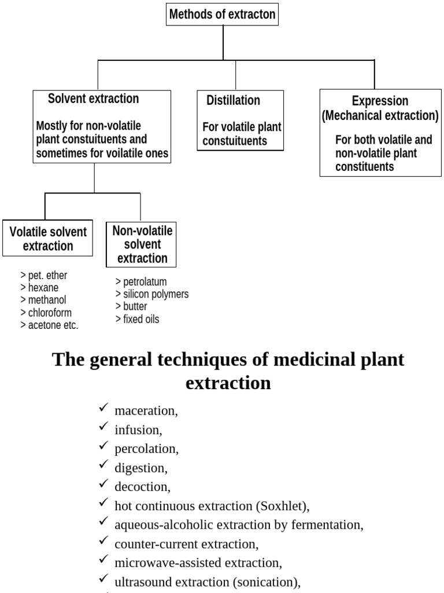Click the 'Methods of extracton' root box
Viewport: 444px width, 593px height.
[x=223, y=14]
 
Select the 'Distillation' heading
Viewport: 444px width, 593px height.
[x=233, y=100]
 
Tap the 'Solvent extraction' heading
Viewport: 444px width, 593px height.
[x=93, y=98]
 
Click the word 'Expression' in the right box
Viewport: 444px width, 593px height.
[x=380, y=101]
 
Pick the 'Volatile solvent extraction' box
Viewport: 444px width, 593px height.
[x=47, y=238]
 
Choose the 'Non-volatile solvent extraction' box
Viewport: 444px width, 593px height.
[x=141, y=244]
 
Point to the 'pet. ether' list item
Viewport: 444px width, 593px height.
[x=44, y=275]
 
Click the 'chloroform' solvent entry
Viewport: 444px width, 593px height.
[x=46, y=313]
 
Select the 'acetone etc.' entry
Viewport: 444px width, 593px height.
[x=50, y=325]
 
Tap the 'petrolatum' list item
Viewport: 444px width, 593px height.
[x=141, y=282]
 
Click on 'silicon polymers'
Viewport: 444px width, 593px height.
[x=152, y=294]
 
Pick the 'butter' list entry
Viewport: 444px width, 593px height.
[x=131, y=306]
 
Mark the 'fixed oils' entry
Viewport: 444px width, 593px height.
[x=137, y=319]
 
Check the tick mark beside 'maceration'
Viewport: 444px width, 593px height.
[x=103, y=408]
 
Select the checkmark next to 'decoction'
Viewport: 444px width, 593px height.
[x=103, y=484]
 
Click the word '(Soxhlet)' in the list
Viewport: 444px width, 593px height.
[x=282, y=506]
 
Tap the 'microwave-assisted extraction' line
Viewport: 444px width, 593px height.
[x=198, y=563]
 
